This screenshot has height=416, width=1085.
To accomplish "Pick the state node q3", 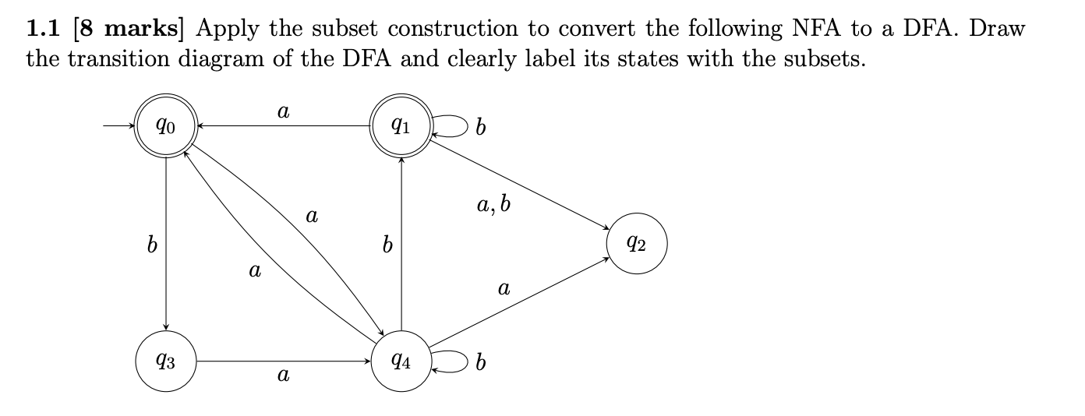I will point(165,361).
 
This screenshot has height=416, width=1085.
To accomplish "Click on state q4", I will point(401,361).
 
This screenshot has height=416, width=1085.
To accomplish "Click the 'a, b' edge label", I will point(495,206).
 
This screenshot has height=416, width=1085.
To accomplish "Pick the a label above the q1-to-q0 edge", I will point(283,112).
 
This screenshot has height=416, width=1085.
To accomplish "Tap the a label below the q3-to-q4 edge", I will point(283,377).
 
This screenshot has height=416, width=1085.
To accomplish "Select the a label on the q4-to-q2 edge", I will point(504,290).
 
